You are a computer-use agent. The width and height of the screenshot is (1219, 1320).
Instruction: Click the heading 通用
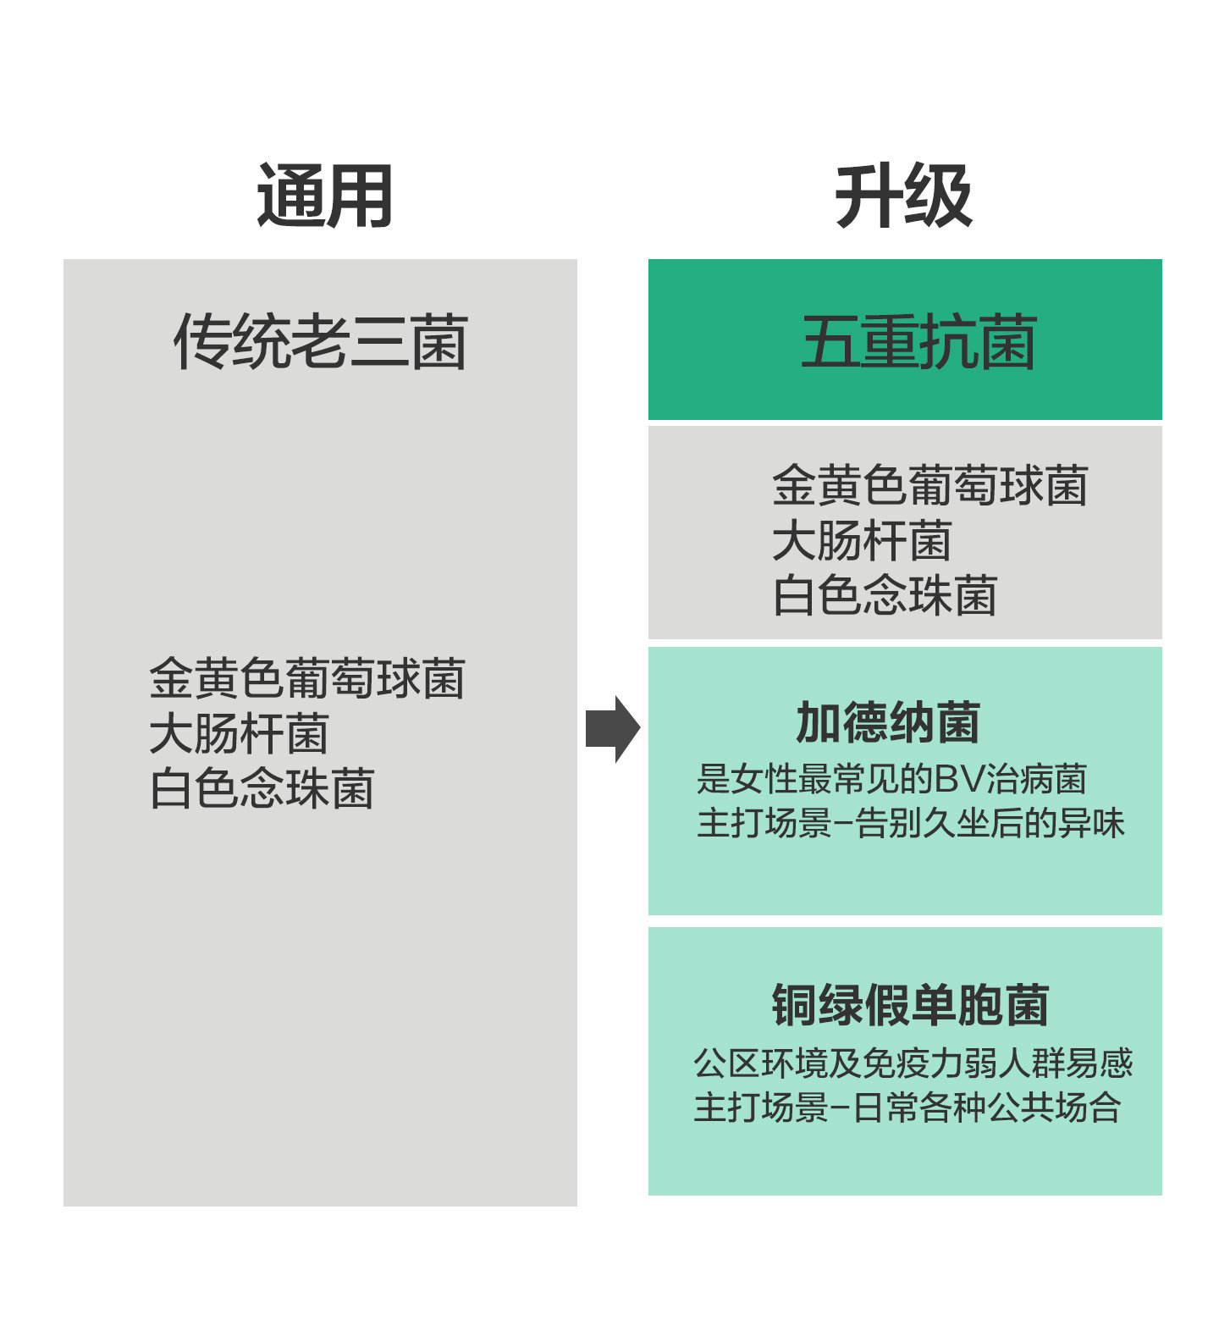324,196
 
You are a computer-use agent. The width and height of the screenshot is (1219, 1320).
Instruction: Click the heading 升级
903,196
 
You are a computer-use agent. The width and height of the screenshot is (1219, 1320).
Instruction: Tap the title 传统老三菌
320,341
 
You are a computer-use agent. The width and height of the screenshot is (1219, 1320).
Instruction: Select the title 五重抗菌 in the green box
918,341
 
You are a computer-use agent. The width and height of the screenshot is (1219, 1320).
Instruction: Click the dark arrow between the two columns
612,729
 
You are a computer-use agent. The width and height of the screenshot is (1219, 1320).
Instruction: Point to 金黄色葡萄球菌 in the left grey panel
306,678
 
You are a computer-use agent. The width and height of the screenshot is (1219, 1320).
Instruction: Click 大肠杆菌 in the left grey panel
239,733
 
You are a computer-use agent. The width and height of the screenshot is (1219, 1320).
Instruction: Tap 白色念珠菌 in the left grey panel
262,788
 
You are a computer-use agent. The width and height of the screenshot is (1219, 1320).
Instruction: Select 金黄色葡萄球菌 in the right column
929,486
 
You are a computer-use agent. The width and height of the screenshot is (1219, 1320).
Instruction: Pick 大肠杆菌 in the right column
862,540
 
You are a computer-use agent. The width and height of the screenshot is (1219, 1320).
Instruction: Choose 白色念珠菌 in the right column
885,595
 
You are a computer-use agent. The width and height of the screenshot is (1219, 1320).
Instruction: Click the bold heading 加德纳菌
888,722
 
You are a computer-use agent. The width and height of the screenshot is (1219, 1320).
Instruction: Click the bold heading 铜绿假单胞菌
910,1005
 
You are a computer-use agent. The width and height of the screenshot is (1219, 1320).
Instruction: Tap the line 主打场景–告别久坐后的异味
910,823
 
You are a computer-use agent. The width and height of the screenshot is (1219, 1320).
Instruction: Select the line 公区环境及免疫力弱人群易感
913,1063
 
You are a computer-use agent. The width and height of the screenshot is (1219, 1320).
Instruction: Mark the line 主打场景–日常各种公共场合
907,1107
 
